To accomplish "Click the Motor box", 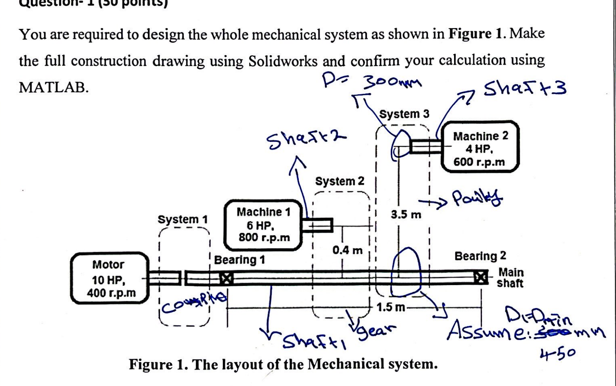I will click(x=110, y=278).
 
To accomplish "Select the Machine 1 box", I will click(x=264, y=224).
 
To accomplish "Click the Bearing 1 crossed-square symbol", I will click(x=226, y=278).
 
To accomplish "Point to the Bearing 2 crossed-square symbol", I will click(x=481, y=277).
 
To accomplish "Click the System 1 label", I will click(x=182, y=219).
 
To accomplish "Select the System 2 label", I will click(x=339, y=181).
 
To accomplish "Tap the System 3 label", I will click(x=404, y=114).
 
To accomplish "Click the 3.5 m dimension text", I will click(x=406, y=214).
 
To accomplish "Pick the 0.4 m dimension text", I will click(x=347, y=250).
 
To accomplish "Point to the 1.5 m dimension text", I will click(x=390, y=307).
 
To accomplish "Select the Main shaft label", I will click(x=510, y=278).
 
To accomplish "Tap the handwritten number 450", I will click(x=557, y=353).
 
